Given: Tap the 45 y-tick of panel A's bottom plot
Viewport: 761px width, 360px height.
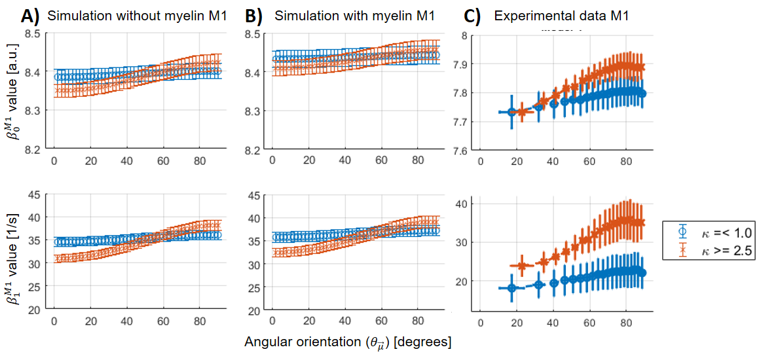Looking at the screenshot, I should (x=34, y=194).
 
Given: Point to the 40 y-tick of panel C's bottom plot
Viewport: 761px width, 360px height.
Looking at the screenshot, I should (x=461, y=204).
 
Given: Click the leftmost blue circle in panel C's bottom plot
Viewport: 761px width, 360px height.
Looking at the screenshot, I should (x=512, y=288).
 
